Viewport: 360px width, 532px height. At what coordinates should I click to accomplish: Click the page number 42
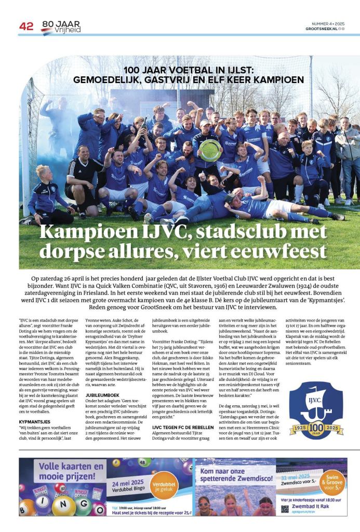pyautogui.click(x=26, y=26)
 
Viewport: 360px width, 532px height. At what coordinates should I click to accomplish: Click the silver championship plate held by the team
pyautogui.click(x=209, y=150)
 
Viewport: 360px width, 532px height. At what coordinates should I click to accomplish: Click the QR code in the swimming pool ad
pyautogui.click(x=285, y=509)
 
